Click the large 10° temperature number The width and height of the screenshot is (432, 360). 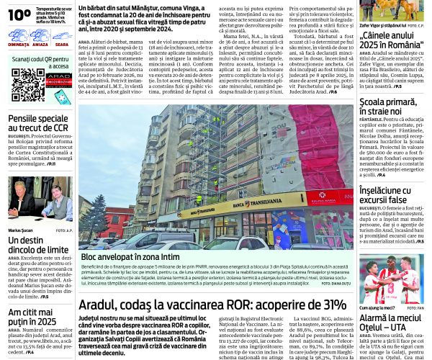19,13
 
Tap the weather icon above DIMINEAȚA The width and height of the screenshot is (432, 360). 19,34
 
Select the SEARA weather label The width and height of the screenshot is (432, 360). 61,44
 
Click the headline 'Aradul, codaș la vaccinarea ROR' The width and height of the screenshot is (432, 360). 212,304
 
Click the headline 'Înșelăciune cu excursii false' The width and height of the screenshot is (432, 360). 392,194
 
